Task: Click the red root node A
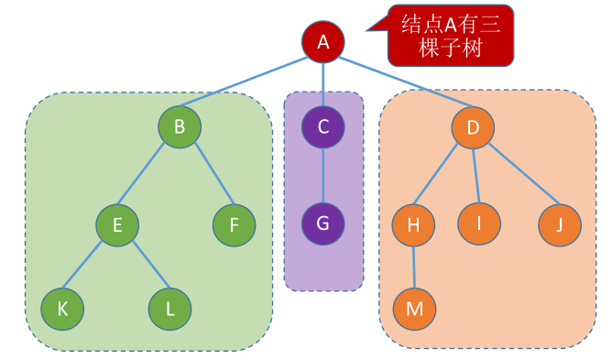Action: (x=322, y=41)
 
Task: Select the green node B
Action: (x=180, y=127)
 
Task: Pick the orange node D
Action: (x=473, y=127)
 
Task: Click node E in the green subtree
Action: (x=117, y=223)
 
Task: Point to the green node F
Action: (x=235, y=224)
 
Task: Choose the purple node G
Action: (x=322, y=223)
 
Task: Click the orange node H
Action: (x=413, y=225)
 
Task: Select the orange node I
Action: (x=479, y=224)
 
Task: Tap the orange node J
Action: (x=559, y=224)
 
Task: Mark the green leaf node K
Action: (x=62, y=308)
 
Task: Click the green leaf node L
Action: (x=170, y=309)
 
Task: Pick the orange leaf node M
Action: (x=415, y=309)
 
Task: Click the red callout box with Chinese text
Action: (x=449, y=35)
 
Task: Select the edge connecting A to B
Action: (x=247, y=86)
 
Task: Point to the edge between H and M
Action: (x=414, y=267)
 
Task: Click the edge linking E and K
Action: (x=89, y=267)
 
